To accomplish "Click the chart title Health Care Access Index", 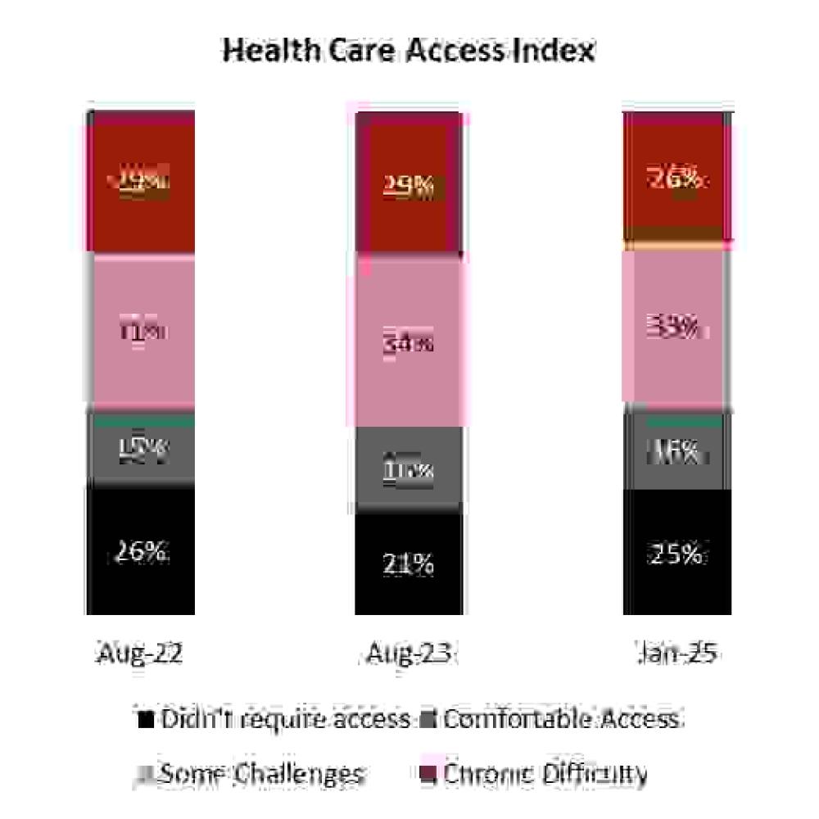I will tap(409, 51).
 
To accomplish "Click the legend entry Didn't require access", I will tap(275, 719).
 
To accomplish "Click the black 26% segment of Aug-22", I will tap(140, 550).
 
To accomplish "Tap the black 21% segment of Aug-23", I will tap(409, 563).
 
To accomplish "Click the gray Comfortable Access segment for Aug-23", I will tap(409, 469).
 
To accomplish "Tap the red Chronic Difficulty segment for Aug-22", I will tap(140, 182).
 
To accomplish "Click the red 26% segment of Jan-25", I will tap(677, 178).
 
